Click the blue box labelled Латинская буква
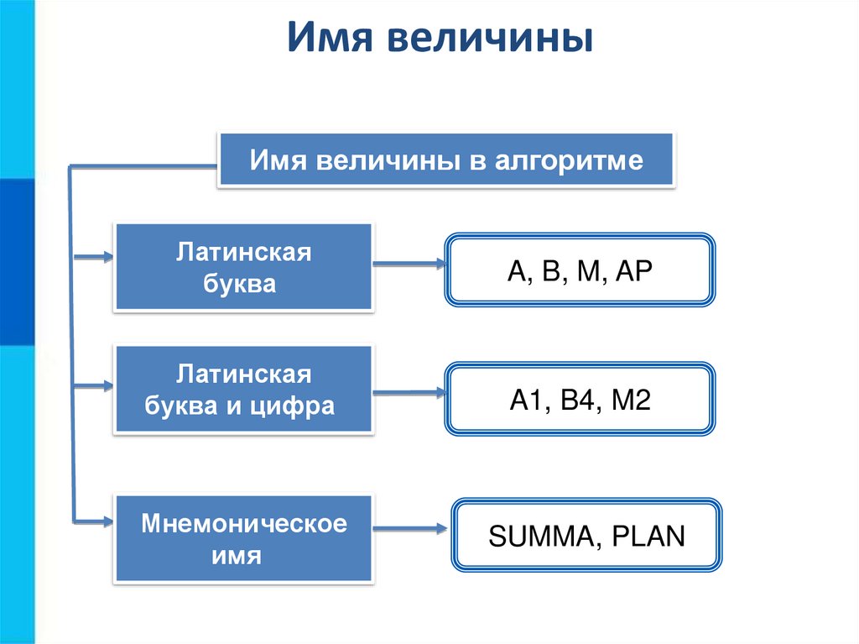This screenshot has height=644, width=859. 243,268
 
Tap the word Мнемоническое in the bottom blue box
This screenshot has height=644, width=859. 244,525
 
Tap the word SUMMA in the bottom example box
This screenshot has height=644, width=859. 535,536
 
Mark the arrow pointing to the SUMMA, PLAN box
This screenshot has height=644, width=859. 410,529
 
